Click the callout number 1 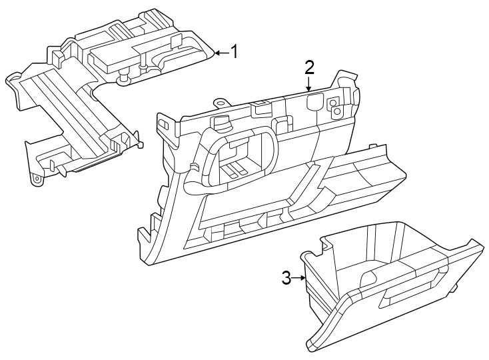point(234,51)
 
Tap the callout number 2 point(309,67)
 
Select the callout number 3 point(286,278)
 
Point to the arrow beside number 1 point(221,52)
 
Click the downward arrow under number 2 point(309,85)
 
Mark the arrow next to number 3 point(299,278)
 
